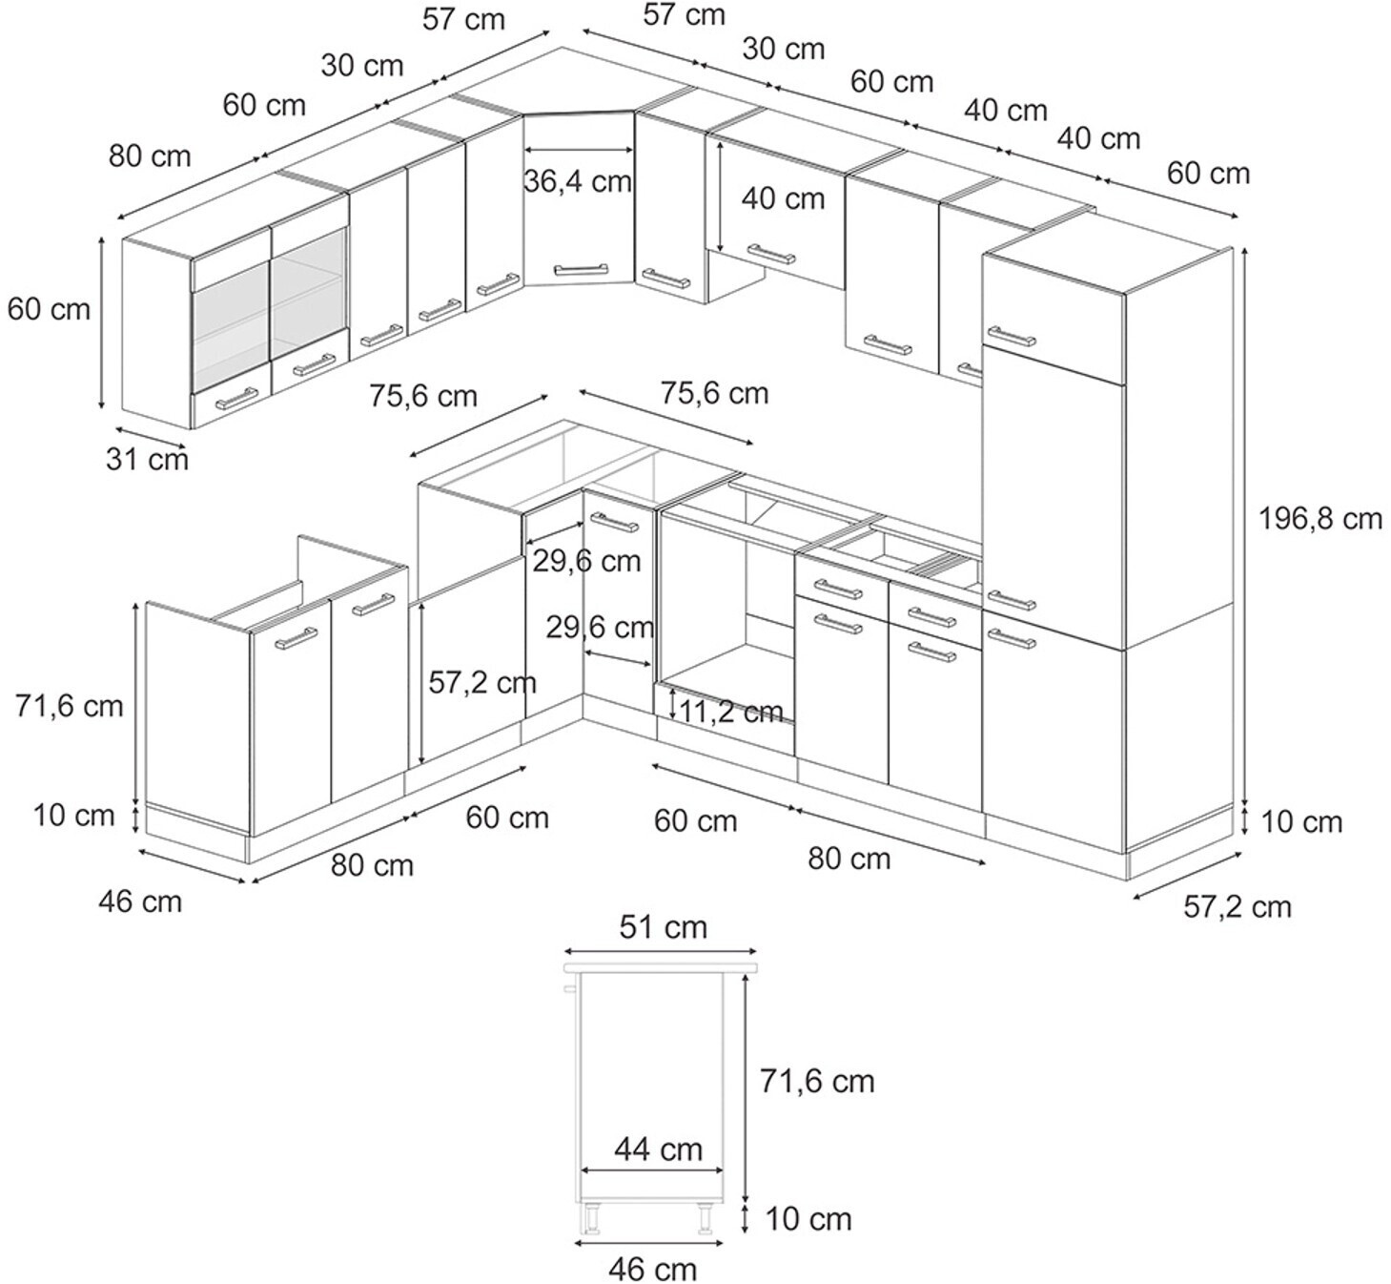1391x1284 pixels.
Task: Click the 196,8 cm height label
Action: click(1319, 519)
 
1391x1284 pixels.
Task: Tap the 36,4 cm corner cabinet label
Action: click(578, 180)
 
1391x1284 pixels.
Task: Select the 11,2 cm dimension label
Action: click(732, 711)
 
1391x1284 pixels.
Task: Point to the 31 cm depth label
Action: click(147, 459)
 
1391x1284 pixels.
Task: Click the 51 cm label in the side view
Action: click(663, 927)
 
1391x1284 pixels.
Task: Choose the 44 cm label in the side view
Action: click(658, 1149)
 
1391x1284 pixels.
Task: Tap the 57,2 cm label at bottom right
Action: click(1237, 906)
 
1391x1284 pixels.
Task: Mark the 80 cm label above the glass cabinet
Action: click(150, 155)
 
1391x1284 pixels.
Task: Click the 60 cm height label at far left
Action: click(49, 309)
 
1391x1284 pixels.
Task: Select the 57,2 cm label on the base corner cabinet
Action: click(481, 682)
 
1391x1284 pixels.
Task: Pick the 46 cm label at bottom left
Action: click(140, 901)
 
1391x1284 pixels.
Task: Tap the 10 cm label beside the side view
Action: click(808, 1218)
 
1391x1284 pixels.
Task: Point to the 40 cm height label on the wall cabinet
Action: click(783, 198)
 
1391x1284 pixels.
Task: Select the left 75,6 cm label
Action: click(423, 395)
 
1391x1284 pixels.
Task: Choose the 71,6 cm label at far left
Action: click(70, 706)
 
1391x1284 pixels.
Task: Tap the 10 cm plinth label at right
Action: click(1301, 821)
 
